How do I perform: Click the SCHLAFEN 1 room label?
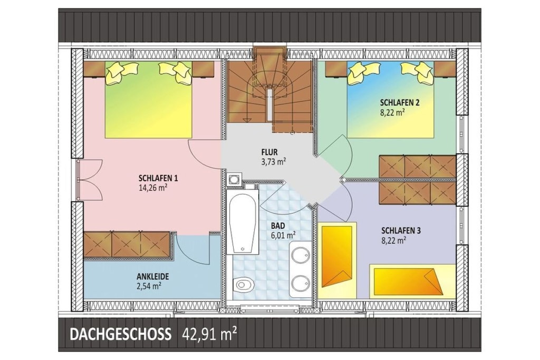(158, 178)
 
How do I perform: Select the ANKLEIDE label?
(152, 276)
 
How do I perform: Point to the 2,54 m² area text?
(149, 285)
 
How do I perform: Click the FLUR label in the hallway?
(269, 152)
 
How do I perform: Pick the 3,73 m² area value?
(274, 161)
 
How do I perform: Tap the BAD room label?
(278, 226)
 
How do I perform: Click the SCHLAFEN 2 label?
(400, 102)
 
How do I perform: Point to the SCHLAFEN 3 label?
(401, 230)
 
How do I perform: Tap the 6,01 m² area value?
(283, 235)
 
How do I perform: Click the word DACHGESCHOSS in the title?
(120, 334)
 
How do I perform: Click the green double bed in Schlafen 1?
(148, 100)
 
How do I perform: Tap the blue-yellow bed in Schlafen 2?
(390, 100)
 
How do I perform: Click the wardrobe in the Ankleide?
(127, 245)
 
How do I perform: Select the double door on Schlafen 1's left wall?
(90, 180)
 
